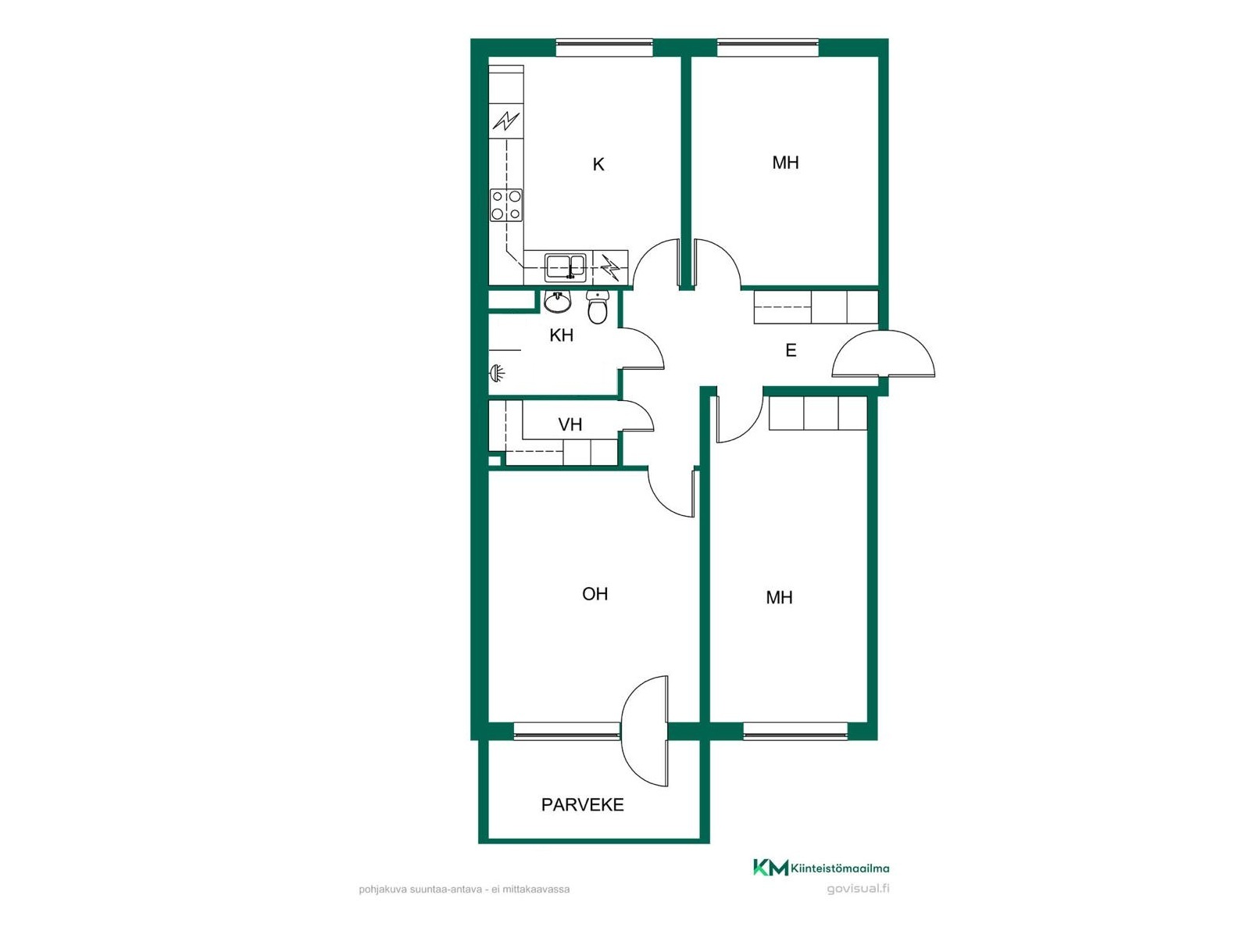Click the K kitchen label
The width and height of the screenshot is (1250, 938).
coord(598,165)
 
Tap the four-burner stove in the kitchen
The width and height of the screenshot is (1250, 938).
coord(506,205)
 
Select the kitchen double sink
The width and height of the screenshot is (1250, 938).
coord(564,267)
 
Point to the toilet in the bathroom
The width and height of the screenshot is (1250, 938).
coord(598,307)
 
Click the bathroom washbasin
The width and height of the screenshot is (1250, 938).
coord(557,302)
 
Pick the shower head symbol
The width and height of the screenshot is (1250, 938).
coord(497,374)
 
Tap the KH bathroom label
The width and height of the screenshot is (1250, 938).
coord(561,335)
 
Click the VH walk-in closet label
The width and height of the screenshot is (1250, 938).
coord(570,425)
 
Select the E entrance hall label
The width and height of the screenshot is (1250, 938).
coord(791,350)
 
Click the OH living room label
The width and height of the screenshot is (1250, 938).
coord(595,594)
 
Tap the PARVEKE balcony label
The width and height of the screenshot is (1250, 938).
coord(582,805)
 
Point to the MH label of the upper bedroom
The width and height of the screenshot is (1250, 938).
coord(785,163)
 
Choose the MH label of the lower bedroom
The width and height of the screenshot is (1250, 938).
coord(779,597)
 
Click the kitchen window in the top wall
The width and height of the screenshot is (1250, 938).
coord(604,48)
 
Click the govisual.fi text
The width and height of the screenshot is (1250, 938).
coord(858,889)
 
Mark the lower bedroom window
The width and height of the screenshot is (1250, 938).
coord(795,732)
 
